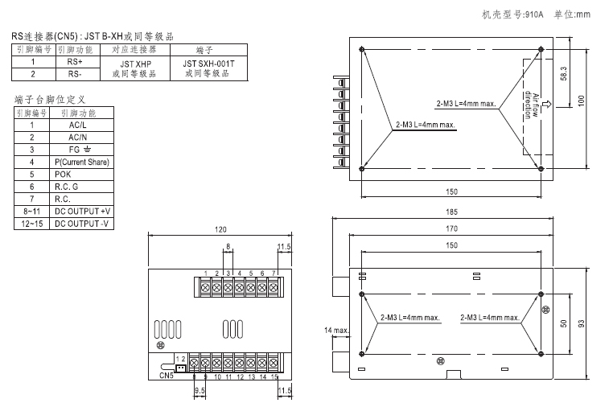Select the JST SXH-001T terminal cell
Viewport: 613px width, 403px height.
pyautogui.click(x=209, y=68)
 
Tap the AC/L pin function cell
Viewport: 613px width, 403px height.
pyautogui.click(x=81, y=125)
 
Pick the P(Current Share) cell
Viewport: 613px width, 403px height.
pyautogui.click(x=81, y=162)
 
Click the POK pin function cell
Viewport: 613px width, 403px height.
pyautogui.click(x=81, y=175)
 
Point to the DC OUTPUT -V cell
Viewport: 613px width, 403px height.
pyautogui.click(x=81, y=224)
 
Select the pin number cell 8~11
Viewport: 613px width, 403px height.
pyautogui.click(x=31, y=212)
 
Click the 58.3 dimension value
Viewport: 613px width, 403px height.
pyautogui.click(x=563, y=73)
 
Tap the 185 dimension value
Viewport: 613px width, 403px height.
pyautogui.click(x=451, y=212)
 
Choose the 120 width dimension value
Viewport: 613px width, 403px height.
pyautogui.click(x=220, y=229)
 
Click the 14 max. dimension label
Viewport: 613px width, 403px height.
pyautogui.click(x=336, y=331)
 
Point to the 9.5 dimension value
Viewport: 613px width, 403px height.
pyautogui.click(x=200, y=390)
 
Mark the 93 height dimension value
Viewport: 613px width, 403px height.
pyautogui.click(x=582, y=323)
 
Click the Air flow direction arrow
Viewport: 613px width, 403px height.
pyautogui.click(x=547, y=104)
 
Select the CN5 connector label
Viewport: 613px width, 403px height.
pyautogui.click(x=167, y=376)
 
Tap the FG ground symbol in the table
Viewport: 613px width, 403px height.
pyautogui.click(x=88, y=150)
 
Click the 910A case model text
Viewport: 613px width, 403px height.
pyautogui.click(x=534, y=14)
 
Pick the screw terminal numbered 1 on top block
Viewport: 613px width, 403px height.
pyautogui.click(x=206, y=287)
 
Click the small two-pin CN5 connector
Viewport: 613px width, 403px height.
pyautogui.click(x=180, y=368)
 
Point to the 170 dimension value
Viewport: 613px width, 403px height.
pyautogui.click(x=451, y=228)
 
